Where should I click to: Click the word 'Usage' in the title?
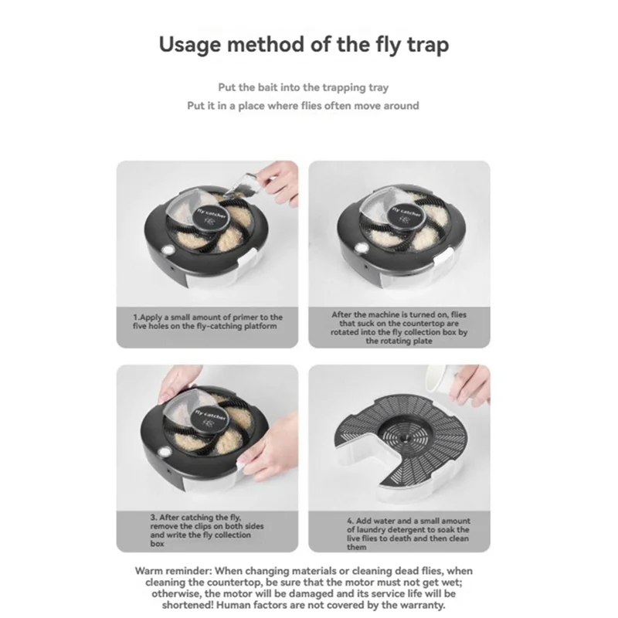coord(189,45)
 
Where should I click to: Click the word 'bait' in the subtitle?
coord(267,87)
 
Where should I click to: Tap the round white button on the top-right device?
coord(362,248)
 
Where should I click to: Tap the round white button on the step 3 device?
coord(165,452)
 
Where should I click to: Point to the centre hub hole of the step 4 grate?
coord(404,438)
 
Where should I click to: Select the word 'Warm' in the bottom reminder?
coord(148,571)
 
